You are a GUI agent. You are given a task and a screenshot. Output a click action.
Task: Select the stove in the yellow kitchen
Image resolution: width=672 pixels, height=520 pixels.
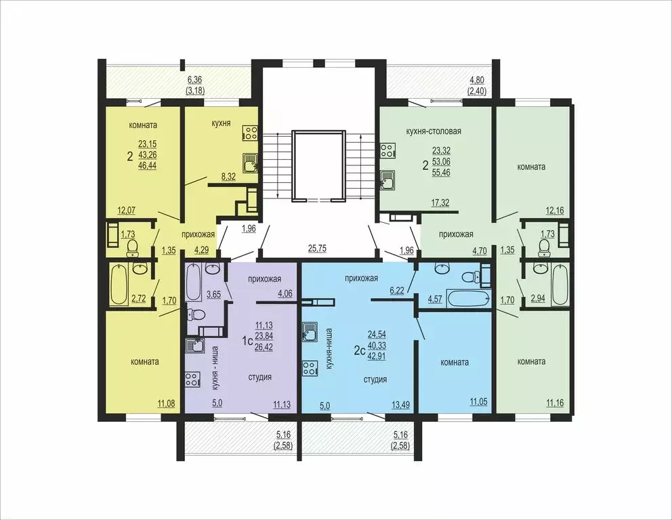tap(250, 134)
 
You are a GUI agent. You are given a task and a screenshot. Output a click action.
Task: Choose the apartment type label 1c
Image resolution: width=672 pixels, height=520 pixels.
tap(248, 342)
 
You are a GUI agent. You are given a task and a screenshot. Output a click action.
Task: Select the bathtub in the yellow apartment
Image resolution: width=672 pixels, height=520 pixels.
tap(120, 284)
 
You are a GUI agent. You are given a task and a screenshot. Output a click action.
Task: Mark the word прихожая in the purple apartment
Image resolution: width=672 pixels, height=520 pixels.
tap(265, 278)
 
